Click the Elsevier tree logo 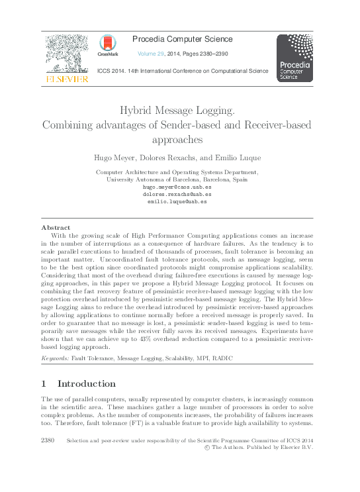(x=66, y=53)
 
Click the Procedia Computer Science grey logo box (x=294, y=58)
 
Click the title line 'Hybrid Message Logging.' (x=179, y=110)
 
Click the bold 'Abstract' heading (x=57, y=227)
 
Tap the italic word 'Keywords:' (x=55, y=358)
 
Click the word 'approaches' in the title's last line (x=179, y=140)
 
